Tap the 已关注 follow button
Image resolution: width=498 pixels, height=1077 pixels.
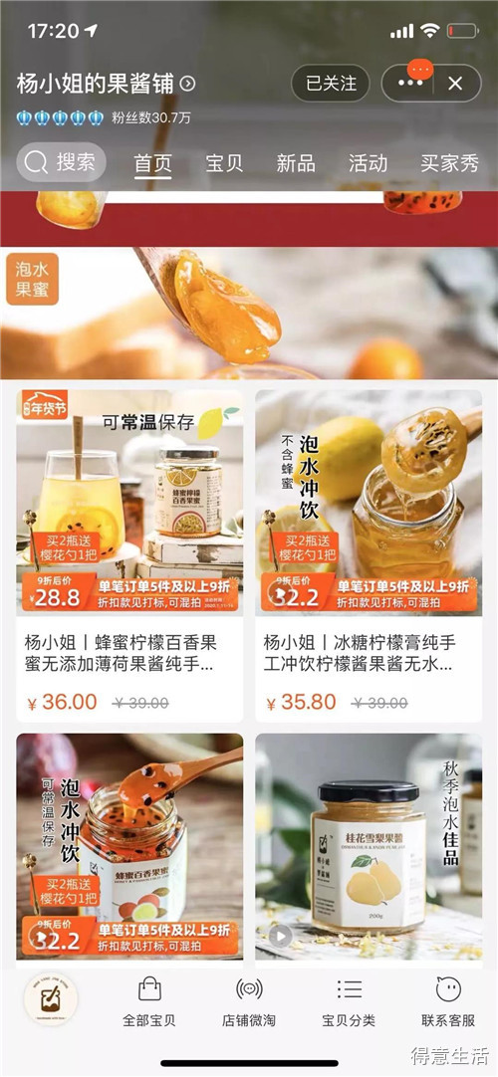(330, 84)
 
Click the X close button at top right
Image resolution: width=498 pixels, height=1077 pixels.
(455, 84)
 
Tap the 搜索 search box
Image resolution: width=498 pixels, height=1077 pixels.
(62, 162)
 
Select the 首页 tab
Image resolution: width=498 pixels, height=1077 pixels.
(153, 163)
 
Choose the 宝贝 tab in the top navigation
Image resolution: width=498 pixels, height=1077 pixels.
(224, 163)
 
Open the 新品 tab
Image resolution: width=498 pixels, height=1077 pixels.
(296, 163)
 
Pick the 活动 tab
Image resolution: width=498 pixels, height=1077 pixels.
(368, 163)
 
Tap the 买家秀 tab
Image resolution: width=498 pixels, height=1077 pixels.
(449, 163)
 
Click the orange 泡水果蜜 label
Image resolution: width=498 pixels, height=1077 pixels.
(33, 279)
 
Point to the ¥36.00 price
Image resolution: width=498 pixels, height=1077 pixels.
(62, 702)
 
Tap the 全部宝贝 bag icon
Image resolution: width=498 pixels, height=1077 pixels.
(149, 989)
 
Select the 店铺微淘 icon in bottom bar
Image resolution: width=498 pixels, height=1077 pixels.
(249, 989)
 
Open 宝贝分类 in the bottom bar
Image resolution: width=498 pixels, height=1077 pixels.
(349, 989)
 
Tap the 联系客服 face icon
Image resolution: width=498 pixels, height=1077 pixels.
(448, 989)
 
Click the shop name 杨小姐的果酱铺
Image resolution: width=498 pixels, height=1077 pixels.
(98, 84)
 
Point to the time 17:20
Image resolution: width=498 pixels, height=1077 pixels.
(54, 31)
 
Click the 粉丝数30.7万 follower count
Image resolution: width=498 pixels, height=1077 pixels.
(151, 117)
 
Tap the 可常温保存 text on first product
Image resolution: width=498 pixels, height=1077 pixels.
(147, 421)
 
